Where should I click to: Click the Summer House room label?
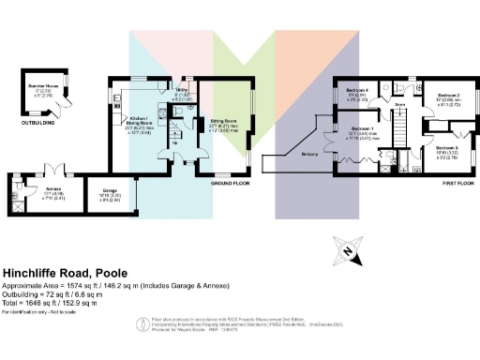click(x=43, y=87)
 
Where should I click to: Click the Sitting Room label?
click(x=223, y=122)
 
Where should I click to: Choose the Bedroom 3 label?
click(x=446, y=148)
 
